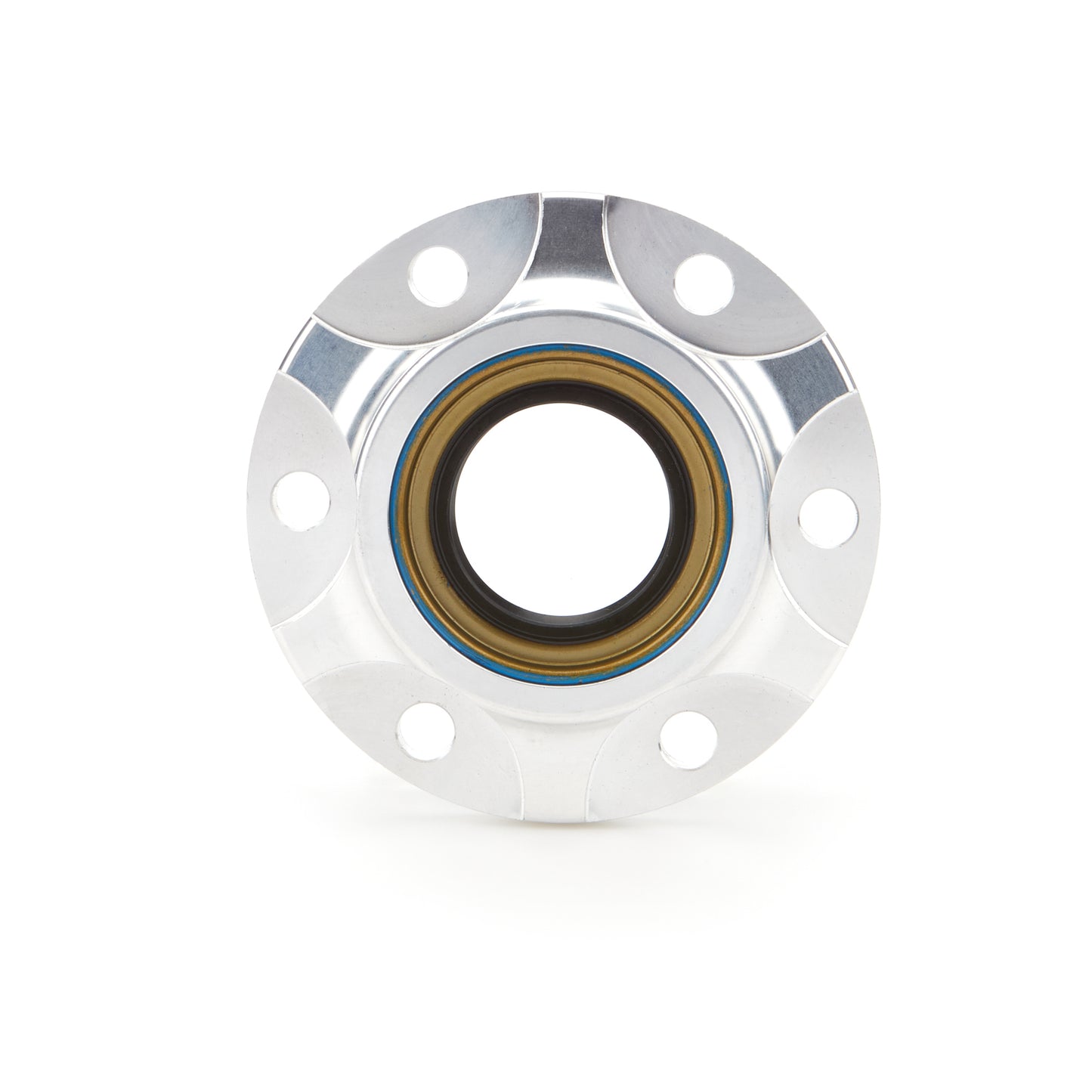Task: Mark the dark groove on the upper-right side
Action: (816, 370)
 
